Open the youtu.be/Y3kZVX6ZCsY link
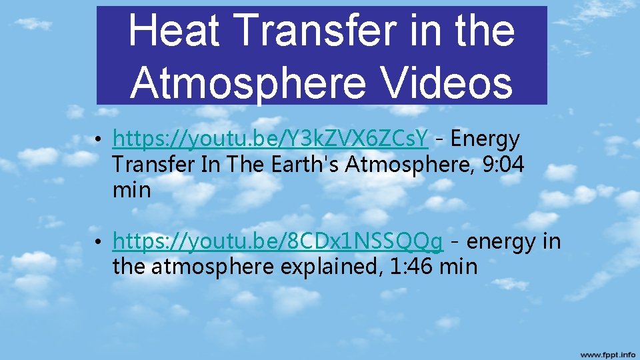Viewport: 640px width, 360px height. (x=271, y=139)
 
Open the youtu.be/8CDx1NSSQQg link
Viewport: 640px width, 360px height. (x=277, y=241)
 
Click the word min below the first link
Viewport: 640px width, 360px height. (x=131, y=190)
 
